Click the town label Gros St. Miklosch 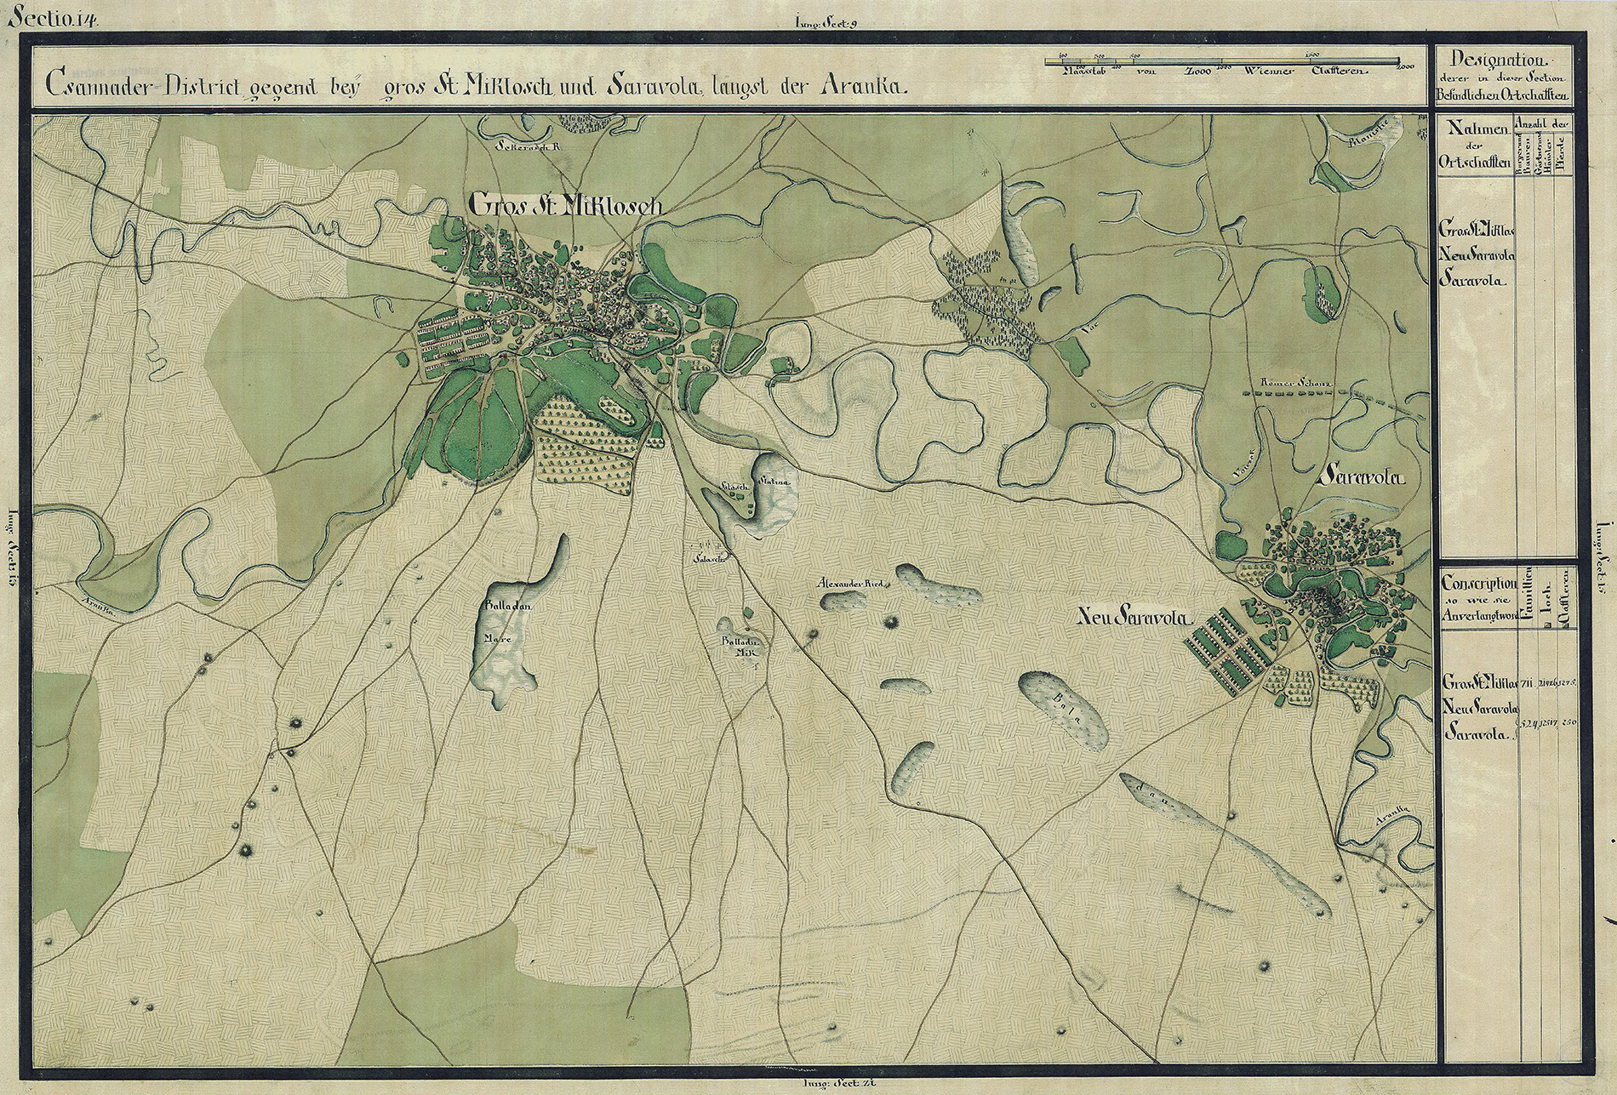click(x=565, y=204)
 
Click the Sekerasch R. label click(x=533, y=145)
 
